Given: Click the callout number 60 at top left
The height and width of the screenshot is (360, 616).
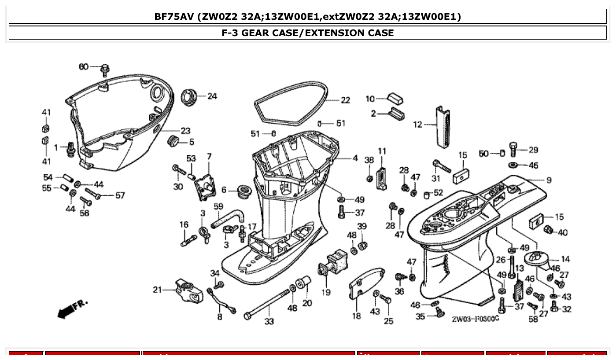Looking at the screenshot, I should point(84,66).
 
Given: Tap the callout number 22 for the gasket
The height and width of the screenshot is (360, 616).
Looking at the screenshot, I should point(345,100).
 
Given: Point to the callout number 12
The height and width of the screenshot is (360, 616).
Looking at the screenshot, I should point(417,125).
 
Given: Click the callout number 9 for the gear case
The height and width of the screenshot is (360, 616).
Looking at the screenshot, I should point(549,180).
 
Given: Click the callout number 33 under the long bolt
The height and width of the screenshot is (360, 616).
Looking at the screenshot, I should point(269,321).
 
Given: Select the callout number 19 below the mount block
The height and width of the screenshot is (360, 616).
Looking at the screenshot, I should point(326,292).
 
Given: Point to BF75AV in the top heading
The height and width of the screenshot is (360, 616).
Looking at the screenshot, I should point(174,17).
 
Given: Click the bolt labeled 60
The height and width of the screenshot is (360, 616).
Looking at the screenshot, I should point(105,69).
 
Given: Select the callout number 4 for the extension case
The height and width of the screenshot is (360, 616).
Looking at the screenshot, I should point(355,158).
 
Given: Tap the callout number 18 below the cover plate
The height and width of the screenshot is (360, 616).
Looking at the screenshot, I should point(356,316).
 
